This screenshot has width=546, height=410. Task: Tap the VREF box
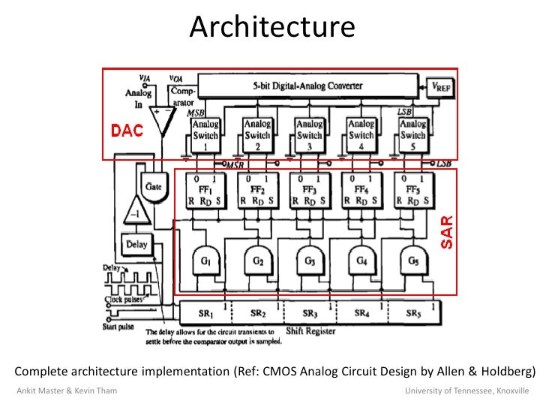pyautogui.click(x=440, y=86)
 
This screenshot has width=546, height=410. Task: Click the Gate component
pyautogui.click(x=153, y=183)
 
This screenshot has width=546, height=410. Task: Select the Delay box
pyautogui.click(x=136, y=244)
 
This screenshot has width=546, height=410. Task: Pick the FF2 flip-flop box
pyautogui.click(x=256, y=191)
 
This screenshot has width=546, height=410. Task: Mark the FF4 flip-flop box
pyautogui.click(x=360, y=191)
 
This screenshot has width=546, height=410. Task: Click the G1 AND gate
pyautogui.click(x=205, y=261)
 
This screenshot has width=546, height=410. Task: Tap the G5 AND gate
pyautogui.click(x=412, y=261)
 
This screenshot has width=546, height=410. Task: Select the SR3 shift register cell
pyautogui.click(x=308, y=312)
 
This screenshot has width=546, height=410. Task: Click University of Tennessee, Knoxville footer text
pyautogui.click(x=466, y=391)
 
